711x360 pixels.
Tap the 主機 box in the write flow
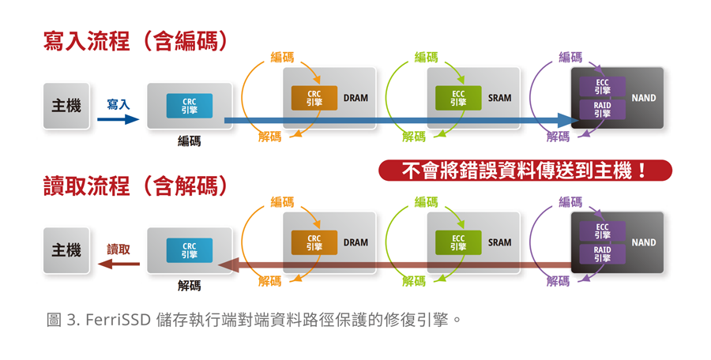pos(66,105)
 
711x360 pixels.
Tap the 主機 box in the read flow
pos(66,249)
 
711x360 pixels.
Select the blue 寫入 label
pos(118,104)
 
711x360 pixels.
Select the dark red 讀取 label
pos(118,249)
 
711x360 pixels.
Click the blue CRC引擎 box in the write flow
pos(190,106)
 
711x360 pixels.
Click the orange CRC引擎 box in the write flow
pos(314,98)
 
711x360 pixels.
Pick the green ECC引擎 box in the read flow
pos(458,242)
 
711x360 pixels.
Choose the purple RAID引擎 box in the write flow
pos(602,110)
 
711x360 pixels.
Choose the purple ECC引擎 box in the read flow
pos(602,231)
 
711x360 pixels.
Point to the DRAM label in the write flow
pos(355,99)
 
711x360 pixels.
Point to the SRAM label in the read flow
pos(499,243)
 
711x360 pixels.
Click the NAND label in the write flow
pos(644,99)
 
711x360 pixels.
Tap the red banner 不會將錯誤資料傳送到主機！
pos(525,171)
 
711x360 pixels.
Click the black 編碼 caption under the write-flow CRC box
pos(190,141)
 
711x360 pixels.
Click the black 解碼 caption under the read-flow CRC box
pos(190,286)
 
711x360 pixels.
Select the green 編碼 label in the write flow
pos(426,57)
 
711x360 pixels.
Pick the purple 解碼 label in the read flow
pos(558,281)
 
